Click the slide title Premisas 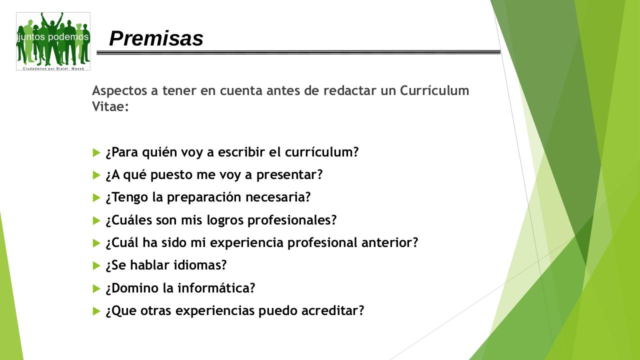[156, 38]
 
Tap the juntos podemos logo [53, 41]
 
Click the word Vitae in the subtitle [110, 106]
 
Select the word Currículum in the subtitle [434, 90]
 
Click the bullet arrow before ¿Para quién [96, 152]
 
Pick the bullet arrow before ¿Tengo [96, 198]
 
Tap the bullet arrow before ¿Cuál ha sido [96, 243]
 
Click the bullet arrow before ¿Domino [96, 288]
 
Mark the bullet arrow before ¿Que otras [96, 311]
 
